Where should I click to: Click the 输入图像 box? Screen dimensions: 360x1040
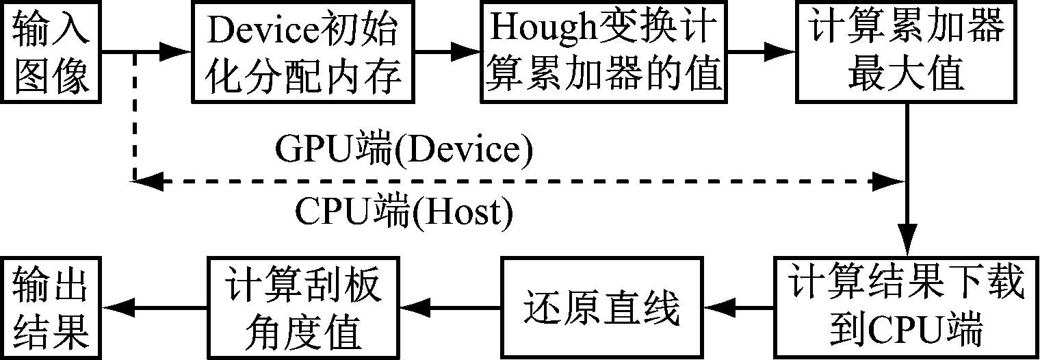(51, 53)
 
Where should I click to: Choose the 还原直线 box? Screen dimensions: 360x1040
(601, 307)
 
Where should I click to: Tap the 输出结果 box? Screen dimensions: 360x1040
(51, 307)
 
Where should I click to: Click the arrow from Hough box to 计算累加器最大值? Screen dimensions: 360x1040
(759, 51)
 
